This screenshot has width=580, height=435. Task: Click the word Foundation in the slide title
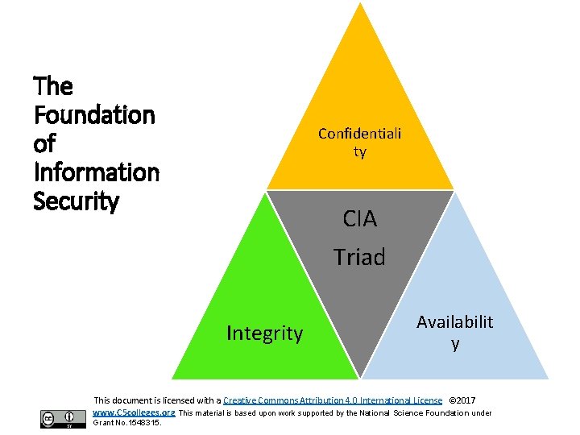click(94, 115)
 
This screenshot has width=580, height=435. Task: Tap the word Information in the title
click(97, 172)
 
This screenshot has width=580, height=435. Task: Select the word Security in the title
click(77, 201)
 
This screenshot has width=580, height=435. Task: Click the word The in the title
click(53, 86)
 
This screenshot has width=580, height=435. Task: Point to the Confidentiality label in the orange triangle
click(359, 142)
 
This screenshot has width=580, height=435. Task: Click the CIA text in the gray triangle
click(360, 218)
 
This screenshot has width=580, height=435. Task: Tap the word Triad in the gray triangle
click(360, 257)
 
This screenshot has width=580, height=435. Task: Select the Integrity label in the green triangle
click(264, 333)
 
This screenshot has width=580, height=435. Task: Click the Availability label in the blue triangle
click(455, 332)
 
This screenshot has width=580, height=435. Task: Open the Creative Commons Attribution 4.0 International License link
click(333, 400)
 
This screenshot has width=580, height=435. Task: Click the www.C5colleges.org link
click(135, 412)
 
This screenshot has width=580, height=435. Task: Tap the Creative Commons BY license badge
click(63, 418)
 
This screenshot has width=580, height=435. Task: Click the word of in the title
click(43, 144)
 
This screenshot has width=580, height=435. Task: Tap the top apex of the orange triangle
click(360, 3)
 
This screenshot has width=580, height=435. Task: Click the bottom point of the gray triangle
click(359, 377)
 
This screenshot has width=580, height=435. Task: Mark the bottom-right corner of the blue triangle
click(547, 378)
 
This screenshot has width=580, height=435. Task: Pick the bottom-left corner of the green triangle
click(173, 378)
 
